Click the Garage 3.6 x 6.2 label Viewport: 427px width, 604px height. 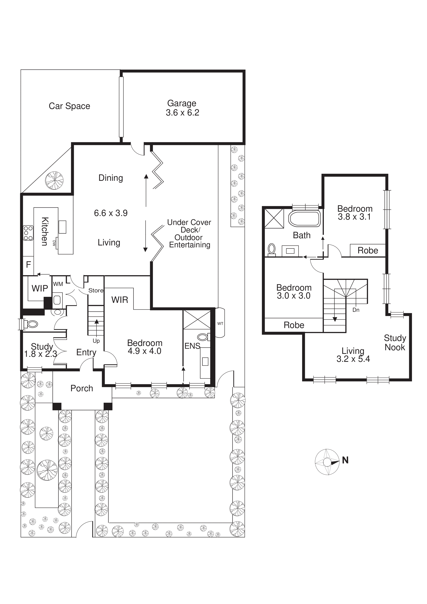(182, 108)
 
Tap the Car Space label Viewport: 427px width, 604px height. (69, 106)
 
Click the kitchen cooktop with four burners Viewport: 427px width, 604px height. (28, 233)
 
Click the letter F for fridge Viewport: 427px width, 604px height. (28, 264)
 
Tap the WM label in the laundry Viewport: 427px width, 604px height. (58, 284)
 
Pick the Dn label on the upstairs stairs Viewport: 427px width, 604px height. (356, 310)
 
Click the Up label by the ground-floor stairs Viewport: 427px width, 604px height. (96, 341)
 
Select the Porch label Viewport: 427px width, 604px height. (82, 388)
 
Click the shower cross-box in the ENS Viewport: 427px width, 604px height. (197, 320)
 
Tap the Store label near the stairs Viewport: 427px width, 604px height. (96, 290)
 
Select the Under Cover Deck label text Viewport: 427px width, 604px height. (189, 233)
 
